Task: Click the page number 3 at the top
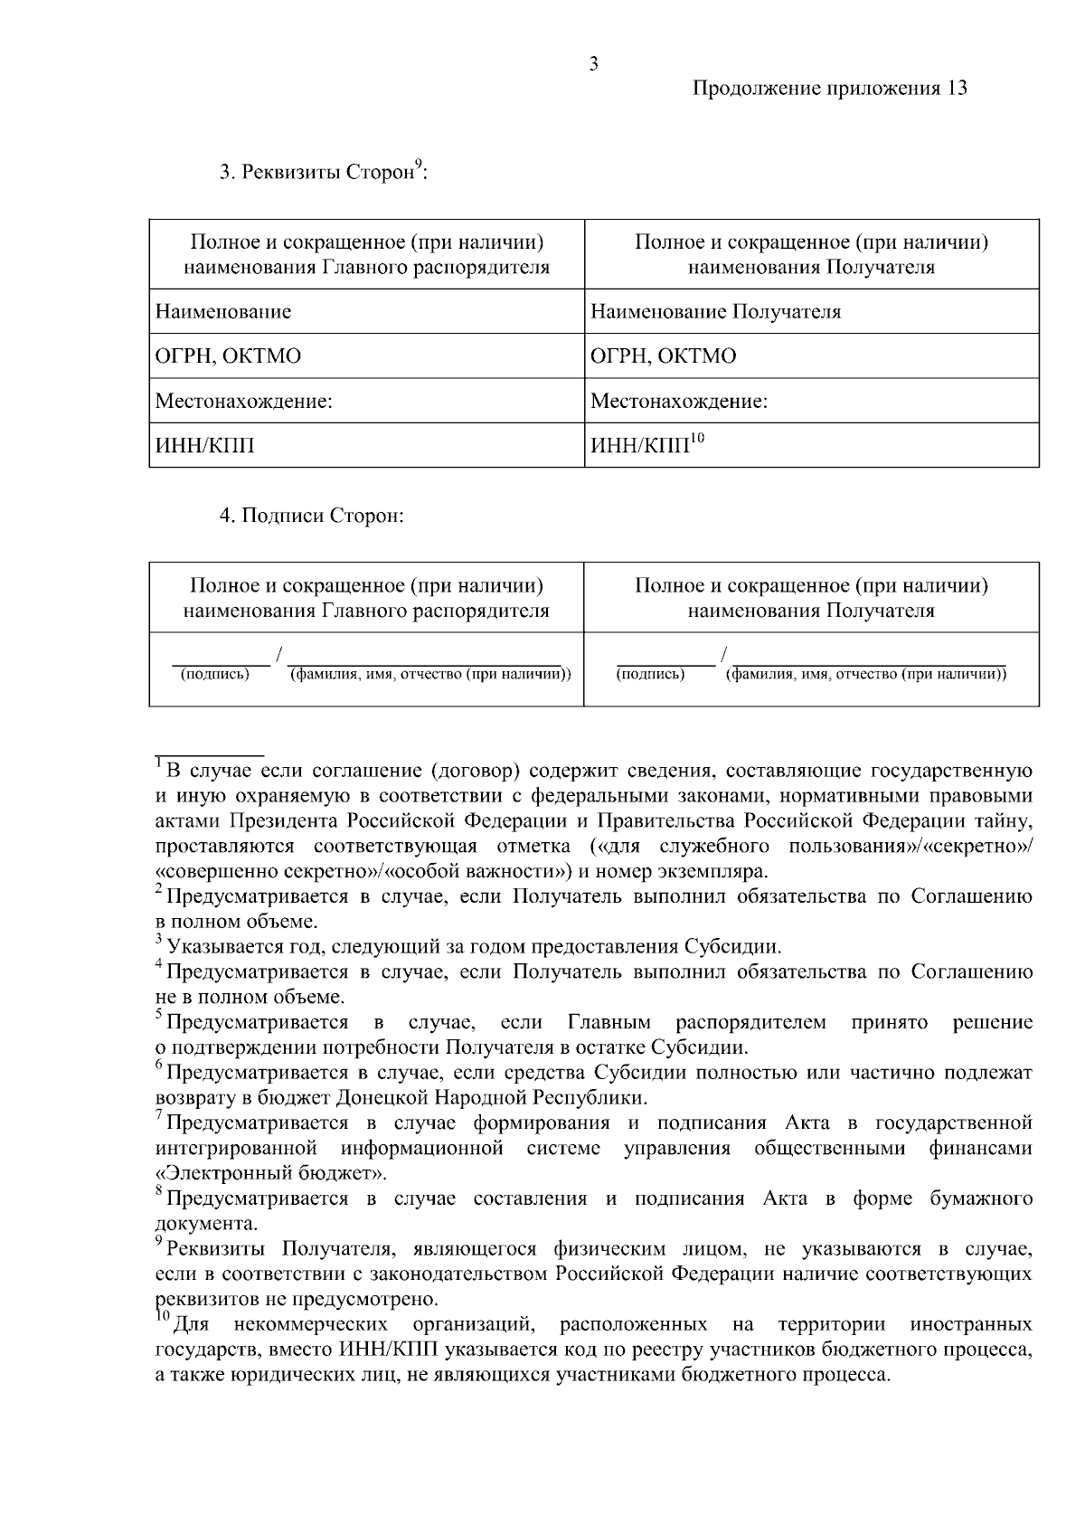click(593, 64)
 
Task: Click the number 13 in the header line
click(958, 89)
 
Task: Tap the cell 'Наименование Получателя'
click(715, 312)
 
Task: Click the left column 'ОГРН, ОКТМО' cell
click(228, 356)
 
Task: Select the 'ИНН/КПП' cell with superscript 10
click(647, 446)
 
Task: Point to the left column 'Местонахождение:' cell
click(244, 401)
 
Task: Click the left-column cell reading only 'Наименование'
click(223, 312)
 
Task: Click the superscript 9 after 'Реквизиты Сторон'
click(419, 164)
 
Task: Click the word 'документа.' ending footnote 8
click(206, 1224)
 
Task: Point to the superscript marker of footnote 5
click(158, 1017)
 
